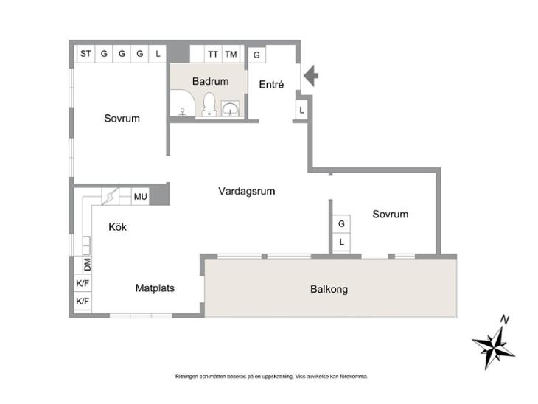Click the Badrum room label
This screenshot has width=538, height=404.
click(x=210, y=81)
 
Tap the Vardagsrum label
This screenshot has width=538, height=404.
click(x=247, y=191)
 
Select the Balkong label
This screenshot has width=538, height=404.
click(x=329, y=289)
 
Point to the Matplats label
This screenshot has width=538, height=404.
click(x=155, y=288)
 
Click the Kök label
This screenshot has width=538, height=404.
click(x=118, y=227)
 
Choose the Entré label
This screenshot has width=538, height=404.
click(x=271, y=85)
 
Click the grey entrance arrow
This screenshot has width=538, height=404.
click(x=311, y=76)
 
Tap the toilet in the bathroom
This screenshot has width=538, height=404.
click(x=209, y=105)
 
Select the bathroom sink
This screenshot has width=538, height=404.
click(x=230, y=108)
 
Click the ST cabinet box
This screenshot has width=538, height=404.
click(x=85, y=54)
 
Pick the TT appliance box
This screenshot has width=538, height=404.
click(x=213, y=54)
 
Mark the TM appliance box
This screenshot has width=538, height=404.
click(x=231, y=54)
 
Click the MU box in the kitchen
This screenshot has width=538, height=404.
click(x=140, y=197)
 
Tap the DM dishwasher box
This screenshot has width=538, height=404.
click(x=87, y=265)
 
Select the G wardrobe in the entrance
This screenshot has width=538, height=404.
click(x=256, y=55)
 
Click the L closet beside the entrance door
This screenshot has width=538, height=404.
click(x=301, y=110)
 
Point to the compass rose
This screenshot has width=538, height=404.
click(x=493, y=347)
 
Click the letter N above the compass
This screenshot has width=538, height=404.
click(x=504, y=320)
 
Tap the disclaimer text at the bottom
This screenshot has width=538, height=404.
click(x=271, y=377)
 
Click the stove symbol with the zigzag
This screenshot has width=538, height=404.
click(x=110, y=197)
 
